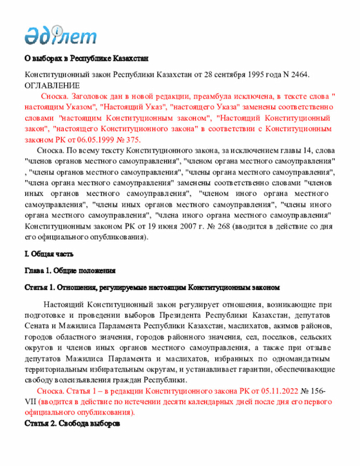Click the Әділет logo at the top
point(60,34)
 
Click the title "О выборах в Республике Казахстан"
point(86,59)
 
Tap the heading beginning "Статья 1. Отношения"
point(152,288)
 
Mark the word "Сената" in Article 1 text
point(38,326)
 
